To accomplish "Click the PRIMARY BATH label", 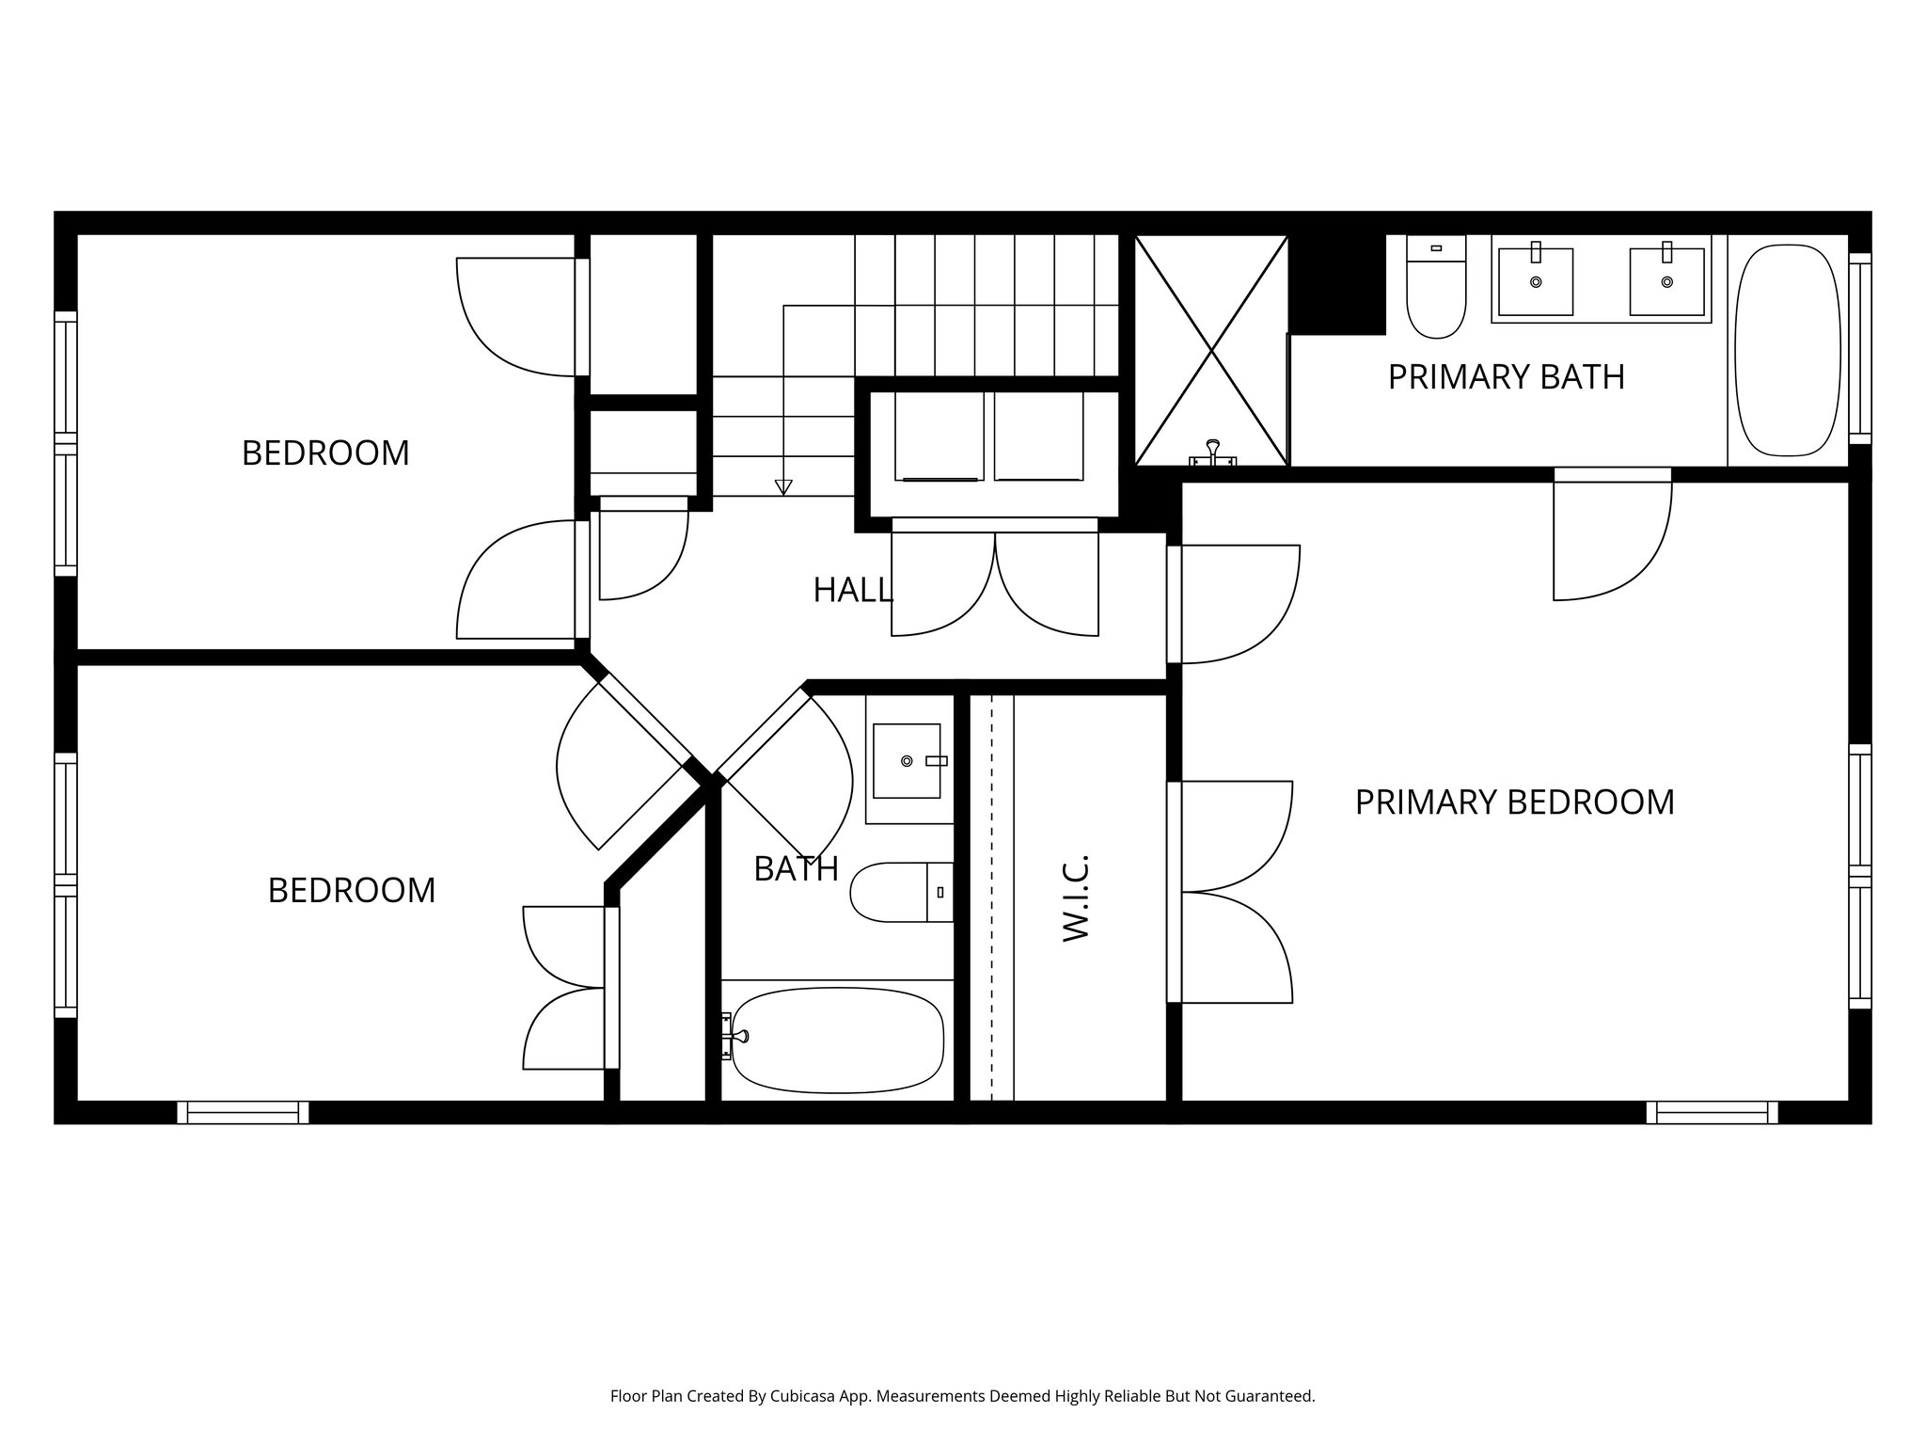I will tap(1506, 377).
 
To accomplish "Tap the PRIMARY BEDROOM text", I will tap(1514, 802).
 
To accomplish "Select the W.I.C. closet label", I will tap(1075, 897).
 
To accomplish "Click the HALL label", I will tap(852, 591).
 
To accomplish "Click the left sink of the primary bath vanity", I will tap(1535, 281).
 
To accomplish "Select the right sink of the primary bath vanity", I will tap(1666, 281).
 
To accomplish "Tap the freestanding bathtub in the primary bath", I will tap(1787, 350).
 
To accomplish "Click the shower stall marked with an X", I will tap(1211, 350).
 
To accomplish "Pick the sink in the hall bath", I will tap(907, 760).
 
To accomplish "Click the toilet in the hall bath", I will tap(898, 891).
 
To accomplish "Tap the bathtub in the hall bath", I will tap(837, 1039).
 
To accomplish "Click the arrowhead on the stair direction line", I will tap(782, 486).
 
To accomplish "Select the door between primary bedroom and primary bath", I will tap(1612, 536).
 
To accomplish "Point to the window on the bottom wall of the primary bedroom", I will tap(1712, 1113).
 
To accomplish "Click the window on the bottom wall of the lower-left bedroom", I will tap(243, 1113).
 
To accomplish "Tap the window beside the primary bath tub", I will tap(1859, 348).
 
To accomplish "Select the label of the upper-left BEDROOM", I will tap(325, 453).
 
